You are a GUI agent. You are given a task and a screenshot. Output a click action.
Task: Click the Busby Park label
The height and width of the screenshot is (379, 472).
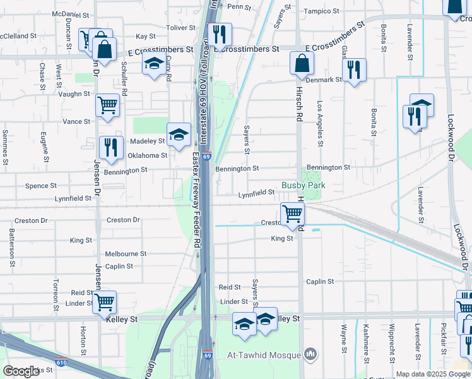coord(303,185)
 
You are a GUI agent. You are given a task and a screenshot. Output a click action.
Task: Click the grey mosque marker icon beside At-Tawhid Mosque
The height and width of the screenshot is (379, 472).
coord(309,354)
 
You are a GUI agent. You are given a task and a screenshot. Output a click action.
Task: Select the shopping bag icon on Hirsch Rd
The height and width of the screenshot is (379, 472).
coord(302,63)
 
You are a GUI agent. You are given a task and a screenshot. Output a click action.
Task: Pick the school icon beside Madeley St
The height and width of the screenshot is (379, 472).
coord(179,135)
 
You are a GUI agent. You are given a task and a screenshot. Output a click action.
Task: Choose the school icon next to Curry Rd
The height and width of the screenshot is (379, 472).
coord(153,64)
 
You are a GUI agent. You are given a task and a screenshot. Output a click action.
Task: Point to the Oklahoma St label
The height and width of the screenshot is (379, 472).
coord(148,155)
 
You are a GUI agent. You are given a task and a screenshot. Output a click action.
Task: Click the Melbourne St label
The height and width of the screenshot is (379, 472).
coord(126,253)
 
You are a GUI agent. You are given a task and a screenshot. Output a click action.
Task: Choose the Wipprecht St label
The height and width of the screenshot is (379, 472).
coord(392,344)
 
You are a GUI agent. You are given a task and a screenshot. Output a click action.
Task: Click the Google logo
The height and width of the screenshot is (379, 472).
coord(21,371)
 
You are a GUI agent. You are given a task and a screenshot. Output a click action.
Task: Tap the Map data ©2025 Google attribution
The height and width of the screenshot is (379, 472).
coord(432,374)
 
